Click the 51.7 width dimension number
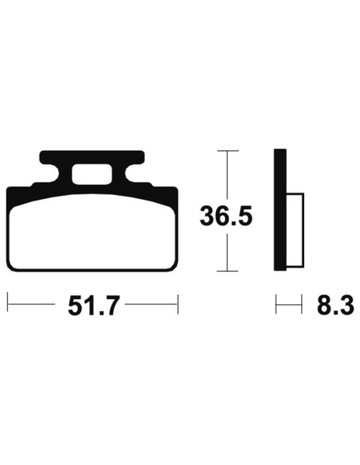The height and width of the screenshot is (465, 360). tap(92, 306)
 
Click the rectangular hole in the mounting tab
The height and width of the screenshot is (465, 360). tap(92, 173)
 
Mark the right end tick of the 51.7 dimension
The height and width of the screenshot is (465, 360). tap(178, 303)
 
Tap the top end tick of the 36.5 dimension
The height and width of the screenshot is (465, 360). tap(228, 150)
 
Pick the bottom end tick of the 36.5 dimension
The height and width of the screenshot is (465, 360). tap(228, 271)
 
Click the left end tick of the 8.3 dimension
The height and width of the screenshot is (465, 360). tap(276, 303)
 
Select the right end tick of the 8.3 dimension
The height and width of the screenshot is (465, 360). tap(303, 303)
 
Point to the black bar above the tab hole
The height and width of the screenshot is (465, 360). tap(92, 157)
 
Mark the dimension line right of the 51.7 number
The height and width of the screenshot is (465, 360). tap(151, 303)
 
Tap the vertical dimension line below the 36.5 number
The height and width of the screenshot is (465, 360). tap(228, 252)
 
